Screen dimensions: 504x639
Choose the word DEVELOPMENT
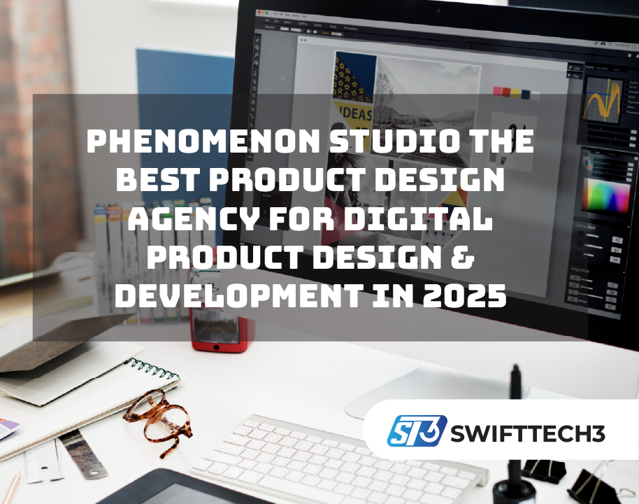tap(235, 296)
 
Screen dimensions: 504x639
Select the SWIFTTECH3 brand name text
tap(528, 433)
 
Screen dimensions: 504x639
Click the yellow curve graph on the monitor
tap(603, 98)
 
